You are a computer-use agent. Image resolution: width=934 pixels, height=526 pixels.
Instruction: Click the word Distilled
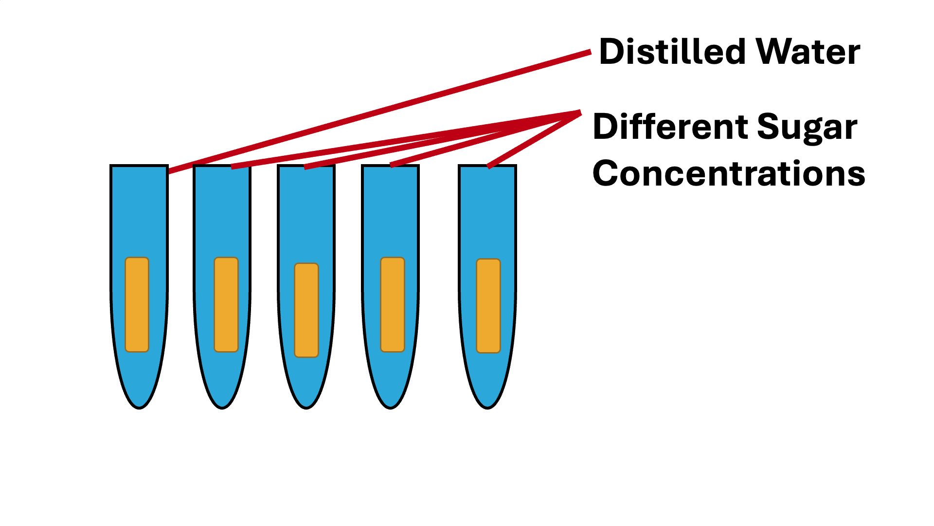pyautogui.click(x=672, y=52)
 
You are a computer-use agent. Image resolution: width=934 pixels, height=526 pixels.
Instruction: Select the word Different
pyautogui.click(x=670, y=127)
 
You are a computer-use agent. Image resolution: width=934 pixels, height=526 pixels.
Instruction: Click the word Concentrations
pyautogui.click(x=729, y=173)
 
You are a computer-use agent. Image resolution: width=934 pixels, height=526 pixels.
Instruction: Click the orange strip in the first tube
pyautogui.click(x=137, y=304)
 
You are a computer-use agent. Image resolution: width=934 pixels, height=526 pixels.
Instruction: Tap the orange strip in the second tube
pyautogui.click(x=226, y=304)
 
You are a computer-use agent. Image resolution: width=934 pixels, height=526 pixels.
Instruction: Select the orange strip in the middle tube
pyautogui.click(x=306, y=310)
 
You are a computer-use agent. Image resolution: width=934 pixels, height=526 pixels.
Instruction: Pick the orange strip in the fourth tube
pyautogui.click(x=393, y=304)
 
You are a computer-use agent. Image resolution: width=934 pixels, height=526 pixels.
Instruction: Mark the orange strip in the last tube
pyautogui.click(x=488, y=306)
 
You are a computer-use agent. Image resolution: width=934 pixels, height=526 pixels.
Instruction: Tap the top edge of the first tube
pyautogui.click(x=139, y=166)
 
